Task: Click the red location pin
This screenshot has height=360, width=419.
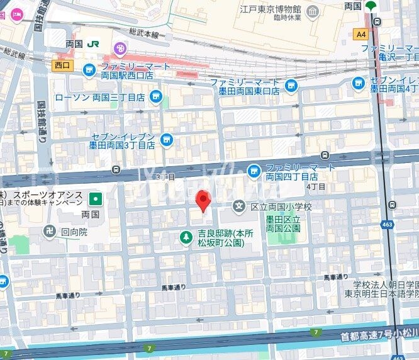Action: (x=203, y=201)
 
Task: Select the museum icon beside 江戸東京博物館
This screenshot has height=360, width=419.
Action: (x=313, y=11)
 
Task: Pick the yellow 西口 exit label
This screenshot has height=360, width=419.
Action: (x=62, y=64)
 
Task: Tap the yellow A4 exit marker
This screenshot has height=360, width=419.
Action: (x=360, y=34)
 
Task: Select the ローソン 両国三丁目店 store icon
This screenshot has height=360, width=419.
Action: (x=156, y=98)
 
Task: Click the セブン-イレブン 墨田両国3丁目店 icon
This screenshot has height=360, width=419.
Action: (x=166, y=139)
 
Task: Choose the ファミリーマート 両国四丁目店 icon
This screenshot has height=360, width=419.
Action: (x=254, y=169)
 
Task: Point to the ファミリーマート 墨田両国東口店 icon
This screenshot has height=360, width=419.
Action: (x=291, y=86)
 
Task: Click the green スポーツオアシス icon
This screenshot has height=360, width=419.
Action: (x=95, y=199)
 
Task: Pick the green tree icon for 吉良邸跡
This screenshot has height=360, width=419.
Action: (x=186, y=237)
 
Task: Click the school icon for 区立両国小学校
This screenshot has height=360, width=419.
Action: (x=238, y=206)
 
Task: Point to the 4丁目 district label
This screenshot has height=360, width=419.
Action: (x=316, y=186)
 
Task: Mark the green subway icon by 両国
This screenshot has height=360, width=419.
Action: (x=371, y=6)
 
